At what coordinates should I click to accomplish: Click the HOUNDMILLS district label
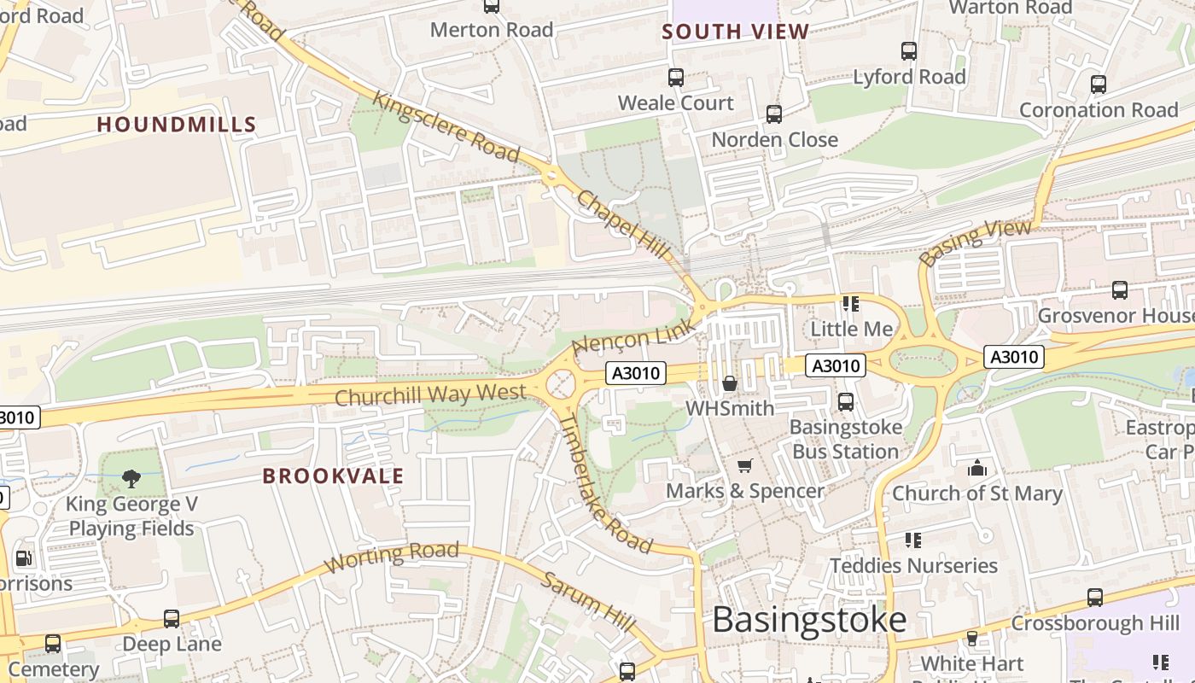click(x=176, y=125)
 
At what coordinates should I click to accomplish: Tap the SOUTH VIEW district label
click(x=735, y=32)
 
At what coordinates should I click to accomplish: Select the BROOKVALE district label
click(x=333, y=476)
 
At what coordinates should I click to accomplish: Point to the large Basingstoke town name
click(x=808, y=620)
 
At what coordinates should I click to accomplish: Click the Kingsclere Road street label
click(x=446, y=126)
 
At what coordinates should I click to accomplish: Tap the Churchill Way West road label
click(x=430, y=394)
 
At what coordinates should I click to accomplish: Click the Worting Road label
click(x=392, y=556)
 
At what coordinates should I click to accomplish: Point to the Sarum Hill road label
click(x=588, y=602)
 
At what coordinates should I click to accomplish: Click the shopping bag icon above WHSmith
click(x=729, y=383)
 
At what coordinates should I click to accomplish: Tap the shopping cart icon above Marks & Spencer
click(x=745, y=465)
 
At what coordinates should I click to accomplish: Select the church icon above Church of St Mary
click(x=977, y=468)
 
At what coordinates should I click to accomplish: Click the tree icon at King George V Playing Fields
click(x=131, y=478)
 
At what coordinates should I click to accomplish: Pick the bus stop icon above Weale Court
click(x=676, y=78)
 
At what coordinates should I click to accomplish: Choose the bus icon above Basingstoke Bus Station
click(x=845, y=401)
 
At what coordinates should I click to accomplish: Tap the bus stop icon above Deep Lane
click(x=172, y=618)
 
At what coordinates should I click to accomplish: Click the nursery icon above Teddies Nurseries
click(x=913, y=540)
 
